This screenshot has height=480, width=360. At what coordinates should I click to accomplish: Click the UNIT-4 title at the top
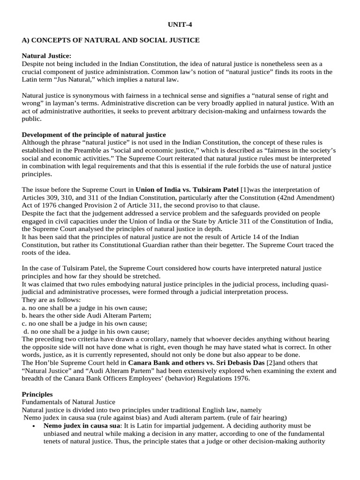(180, 24)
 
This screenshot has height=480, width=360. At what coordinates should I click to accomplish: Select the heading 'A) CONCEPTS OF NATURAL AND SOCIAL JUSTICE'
(111, 40)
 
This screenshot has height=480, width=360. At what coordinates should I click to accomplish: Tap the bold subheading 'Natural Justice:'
(47, 56)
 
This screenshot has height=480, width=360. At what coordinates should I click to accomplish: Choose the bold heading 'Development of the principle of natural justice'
(94, 135)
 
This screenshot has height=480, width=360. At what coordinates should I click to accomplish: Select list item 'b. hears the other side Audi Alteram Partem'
(87, 315)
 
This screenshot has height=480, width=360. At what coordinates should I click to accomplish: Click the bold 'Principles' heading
(37, 394)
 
